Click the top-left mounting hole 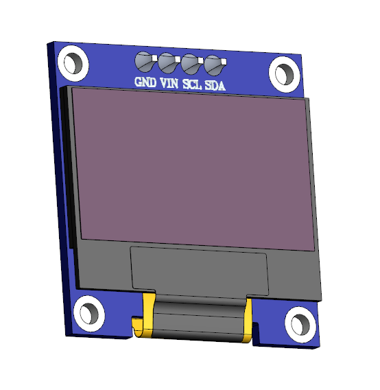point(73,62)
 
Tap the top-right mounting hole point(283,72)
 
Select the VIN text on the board point(169,84)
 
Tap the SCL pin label point(191,84)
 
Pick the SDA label point(215,85)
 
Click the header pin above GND point(145,62)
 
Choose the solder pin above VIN point(167,63)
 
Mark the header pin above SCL point(190,64)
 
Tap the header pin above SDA point(213,65)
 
